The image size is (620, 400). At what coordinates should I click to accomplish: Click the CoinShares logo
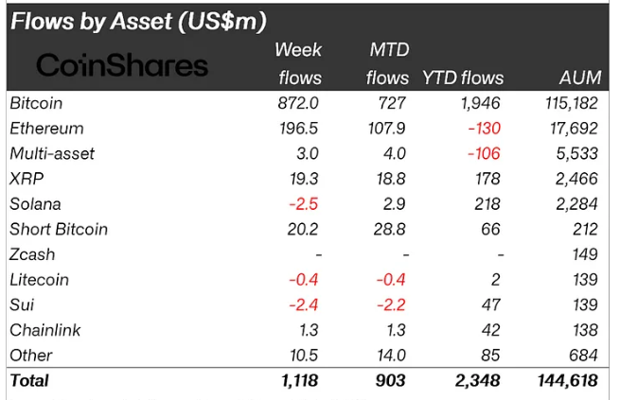(121, 64)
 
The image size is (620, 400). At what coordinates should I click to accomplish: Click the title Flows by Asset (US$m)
(138, 20)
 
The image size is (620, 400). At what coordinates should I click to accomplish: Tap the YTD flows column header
(463, 78)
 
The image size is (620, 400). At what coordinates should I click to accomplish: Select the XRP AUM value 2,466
(576, 179)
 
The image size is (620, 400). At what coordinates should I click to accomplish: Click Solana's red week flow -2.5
(305, 203)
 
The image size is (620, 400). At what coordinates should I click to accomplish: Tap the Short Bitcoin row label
(58, 229)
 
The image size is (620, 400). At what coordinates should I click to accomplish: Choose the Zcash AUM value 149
(585, 254)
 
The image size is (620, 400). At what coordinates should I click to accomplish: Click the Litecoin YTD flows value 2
(497, 280)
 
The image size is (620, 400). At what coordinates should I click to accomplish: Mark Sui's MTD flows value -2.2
(391, 304)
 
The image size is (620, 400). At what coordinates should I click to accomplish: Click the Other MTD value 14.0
(391, 356)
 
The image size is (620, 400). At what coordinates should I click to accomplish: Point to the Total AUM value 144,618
(567, 381)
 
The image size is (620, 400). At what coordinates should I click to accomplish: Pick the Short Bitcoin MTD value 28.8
(389, 229)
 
